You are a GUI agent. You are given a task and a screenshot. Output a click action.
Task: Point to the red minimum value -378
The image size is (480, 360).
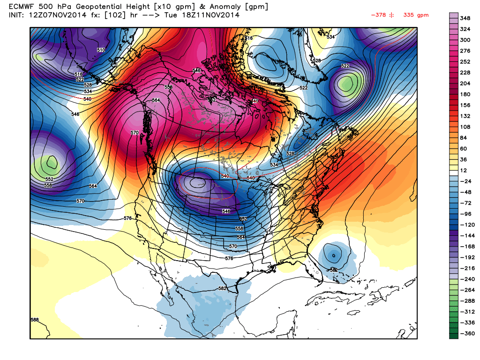378,15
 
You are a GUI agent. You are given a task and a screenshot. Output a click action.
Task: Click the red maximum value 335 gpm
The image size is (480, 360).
416,15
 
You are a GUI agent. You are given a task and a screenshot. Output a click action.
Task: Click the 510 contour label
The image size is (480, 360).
101,50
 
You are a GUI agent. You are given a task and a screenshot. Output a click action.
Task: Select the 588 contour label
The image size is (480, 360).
35,320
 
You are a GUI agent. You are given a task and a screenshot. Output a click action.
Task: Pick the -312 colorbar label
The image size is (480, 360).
466,311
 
